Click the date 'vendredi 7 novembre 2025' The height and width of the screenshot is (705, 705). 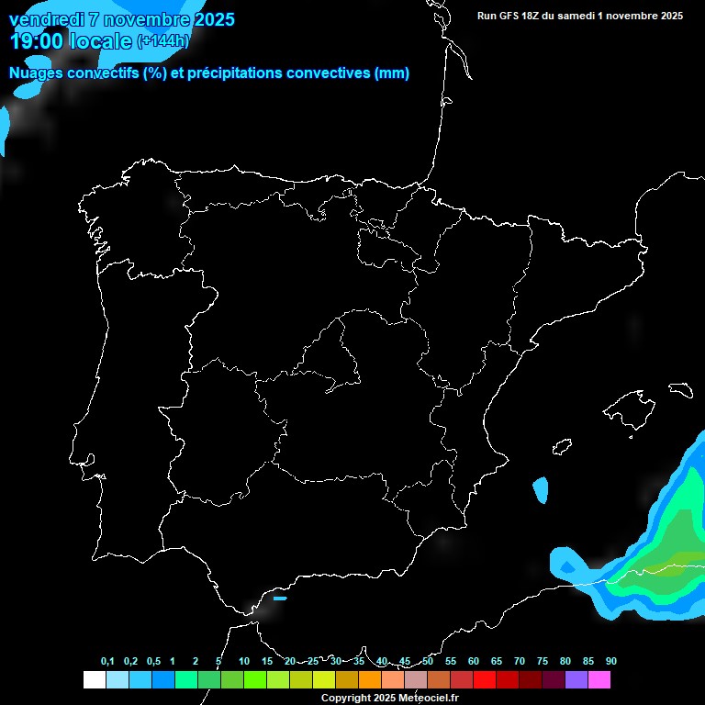[x=121, y=19]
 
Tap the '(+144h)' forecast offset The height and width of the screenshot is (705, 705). [x=162, y=41]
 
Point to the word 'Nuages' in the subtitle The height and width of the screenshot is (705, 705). [x=37, y=73]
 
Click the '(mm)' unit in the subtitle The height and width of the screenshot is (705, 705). [x=392, y=73]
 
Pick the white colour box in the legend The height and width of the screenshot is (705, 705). [x=94, y=680]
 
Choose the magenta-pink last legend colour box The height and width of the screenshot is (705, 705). [x=599, y=680]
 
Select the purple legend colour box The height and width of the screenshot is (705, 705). [x=576, y=680]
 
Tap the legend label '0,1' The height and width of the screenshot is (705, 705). [x=107, y=662]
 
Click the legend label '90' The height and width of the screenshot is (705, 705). [x=611, y=662]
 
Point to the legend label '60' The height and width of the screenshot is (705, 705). [x=474, y=662]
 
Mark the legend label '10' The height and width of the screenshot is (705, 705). [x=244, y=662]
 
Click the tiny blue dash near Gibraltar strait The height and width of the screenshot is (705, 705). [x=280, y=599]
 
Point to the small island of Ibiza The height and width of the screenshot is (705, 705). [x=562, y=446]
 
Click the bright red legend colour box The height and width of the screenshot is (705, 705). [x=485, y=680]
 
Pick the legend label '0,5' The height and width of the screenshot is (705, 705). [x=153, y=662]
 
